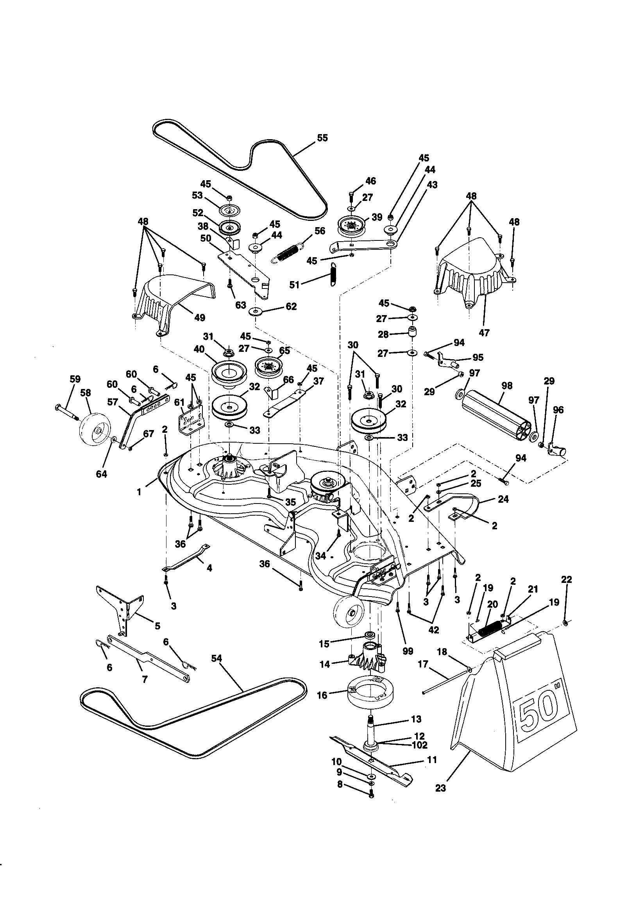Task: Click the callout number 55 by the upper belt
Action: [x=322, y=138]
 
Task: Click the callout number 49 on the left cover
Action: [x=199, y=317]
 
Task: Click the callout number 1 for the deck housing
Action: [x=139, y=492]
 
